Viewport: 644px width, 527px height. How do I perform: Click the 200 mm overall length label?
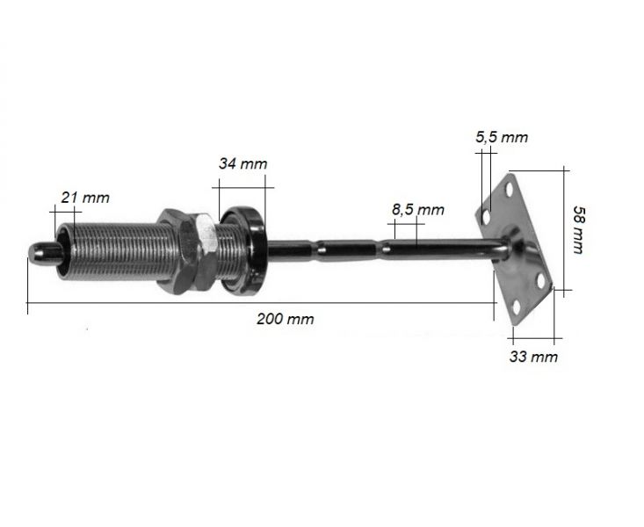285,319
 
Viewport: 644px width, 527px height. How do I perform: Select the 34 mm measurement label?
242,163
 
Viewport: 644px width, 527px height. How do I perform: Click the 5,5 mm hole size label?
501,137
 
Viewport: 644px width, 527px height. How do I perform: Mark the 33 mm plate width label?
532,357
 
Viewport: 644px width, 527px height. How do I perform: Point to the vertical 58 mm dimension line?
563,229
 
